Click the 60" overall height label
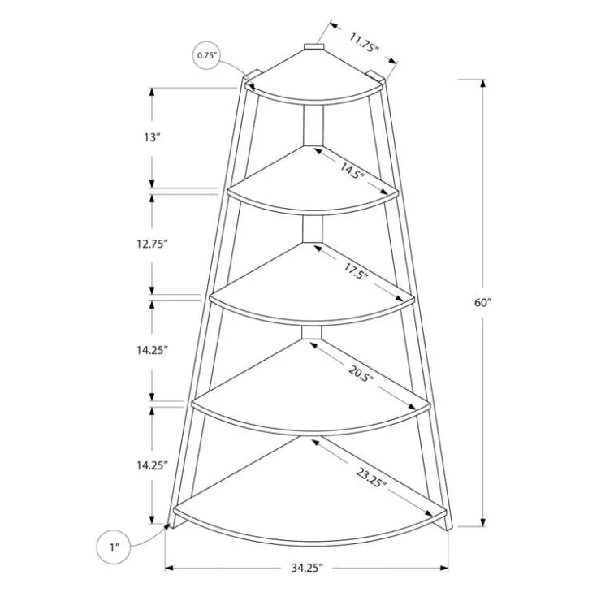pos(482,303)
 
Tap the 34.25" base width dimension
pos(307,568)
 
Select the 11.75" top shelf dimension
pos(364,42)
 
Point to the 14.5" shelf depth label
pos(350,170)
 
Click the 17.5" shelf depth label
pos(355,271)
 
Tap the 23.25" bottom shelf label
pos(370,478)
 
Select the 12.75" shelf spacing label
pos(152,244)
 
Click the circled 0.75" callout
pos(207,55)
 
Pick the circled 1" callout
pos(114,547)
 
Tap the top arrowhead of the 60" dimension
pos(483,83)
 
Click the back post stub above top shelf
pos(314,46)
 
